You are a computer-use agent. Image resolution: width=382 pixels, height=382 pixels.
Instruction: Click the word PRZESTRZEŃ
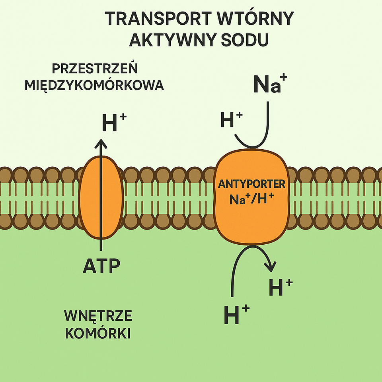(95, 68)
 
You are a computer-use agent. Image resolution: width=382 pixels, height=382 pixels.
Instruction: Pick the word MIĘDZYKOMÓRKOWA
(94, 86)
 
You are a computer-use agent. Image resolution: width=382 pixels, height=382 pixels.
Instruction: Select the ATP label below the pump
(101, 266)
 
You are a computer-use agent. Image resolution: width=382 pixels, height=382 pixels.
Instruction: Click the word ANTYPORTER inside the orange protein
(251, 184)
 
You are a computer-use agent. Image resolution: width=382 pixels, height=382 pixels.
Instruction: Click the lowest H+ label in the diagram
(236, 314)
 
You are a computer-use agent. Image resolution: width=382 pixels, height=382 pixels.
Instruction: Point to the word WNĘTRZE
(98, 316)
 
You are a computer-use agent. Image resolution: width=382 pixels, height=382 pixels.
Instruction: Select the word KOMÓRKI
(98, 333)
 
